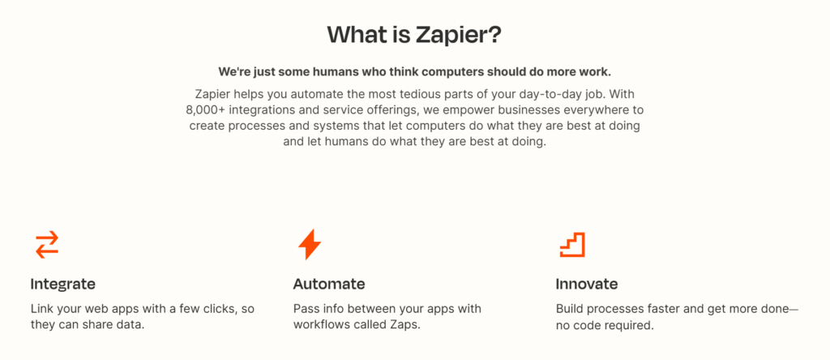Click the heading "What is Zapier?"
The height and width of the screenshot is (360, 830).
414,35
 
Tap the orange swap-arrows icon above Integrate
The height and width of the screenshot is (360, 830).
46,244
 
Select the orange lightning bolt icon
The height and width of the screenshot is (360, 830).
310,244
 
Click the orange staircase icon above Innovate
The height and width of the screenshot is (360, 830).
572,244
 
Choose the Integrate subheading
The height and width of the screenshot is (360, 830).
63,284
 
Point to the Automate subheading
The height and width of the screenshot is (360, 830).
328,284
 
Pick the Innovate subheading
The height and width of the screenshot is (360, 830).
586,284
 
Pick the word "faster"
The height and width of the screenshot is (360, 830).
669,309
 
